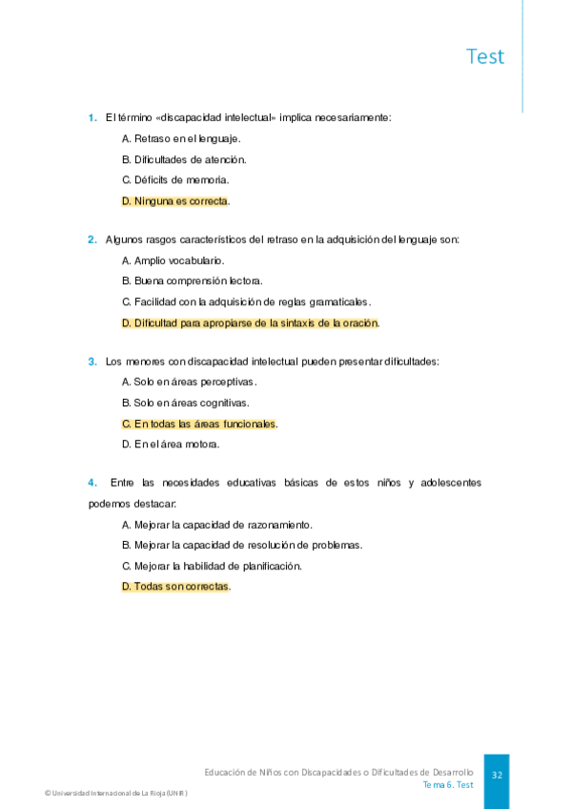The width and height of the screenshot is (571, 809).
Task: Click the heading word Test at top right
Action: pos(485,56)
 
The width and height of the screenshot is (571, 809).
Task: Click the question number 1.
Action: pos(92,118)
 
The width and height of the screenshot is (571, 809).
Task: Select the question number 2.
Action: pos(92,239)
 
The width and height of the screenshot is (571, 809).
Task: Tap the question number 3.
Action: pos(92,362)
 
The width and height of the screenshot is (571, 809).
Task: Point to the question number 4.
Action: pos(92,483)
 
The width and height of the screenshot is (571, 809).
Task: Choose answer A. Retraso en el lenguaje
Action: pos(174,139)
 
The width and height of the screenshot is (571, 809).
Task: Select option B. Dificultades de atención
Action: pos(184,159)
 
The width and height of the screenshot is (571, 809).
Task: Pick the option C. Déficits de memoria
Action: pos(175,180)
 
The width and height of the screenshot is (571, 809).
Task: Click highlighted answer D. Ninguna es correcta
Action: pos(175,201)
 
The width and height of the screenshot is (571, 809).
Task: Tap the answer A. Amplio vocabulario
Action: pos(173,260)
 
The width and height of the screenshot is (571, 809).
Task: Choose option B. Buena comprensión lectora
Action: pos(192,280)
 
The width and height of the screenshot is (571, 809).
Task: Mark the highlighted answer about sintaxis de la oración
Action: pos(250,322)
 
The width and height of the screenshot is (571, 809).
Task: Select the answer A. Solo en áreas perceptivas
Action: pos(189,382)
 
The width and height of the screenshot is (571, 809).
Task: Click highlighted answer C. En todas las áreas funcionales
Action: pos(199,424)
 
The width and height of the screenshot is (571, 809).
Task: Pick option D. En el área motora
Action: pos(171,444)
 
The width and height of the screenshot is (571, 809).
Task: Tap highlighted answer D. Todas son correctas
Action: pos(176,587)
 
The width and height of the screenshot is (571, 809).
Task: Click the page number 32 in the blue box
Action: pos(497,776)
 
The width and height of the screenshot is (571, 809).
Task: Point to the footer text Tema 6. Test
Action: pos(448,785)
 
